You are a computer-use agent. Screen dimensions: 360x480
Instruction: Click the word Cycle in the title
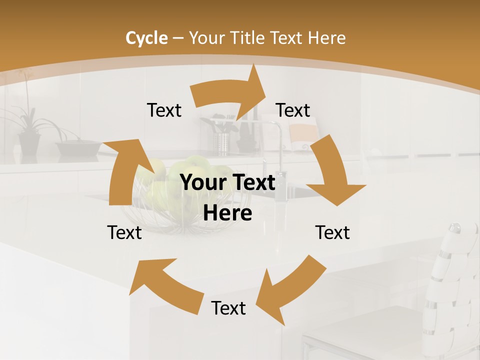pyautogui.click(x=146, y=38)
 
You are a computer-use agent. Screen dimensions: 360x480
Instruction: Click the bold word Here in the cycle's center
pyautogui.click(x=227, y=213)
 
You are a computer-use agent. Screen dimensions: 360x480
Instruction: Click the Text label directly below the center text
pyautogui.click(x=228, y=308)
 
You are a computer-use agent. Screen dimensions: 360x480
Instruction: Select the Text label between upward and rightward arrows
pyautogui.click(x=164, y=110)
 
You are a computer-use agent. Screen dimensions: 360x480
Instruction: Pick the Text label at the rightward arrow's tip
pyautogui.click(x=293, y=110)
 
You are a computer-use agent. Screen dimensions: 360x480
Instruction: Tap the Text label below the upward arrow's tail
pyautogui.click(x=124, y=232)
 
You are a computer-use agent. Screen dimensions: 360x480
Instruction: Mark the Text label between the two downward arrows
pyautogui.click(x=332, y=232)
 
